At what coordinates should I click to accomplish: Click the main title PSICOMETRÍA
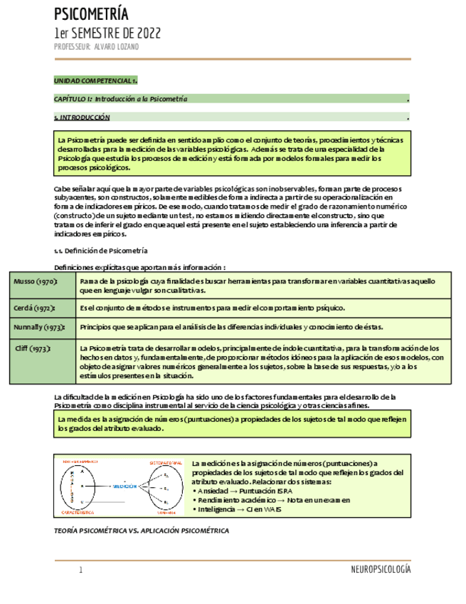click(x=92, y=14)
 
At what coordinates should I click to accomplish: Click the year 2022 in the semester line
click(x=147, y=33)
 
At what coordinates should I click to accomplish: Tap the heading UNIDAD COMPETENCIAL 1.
click(x=96, y=81)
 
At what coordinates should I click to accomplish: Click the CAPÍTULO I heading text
click(x=121, y=99)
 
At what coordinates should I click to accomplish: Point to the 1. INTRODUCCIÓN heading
click(x=83, y=117)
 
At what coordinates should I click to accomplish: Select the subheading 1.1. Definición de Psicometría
click(x=101, y=251)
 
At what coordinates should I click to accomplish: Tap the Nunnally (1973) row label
click(x=39, y=327)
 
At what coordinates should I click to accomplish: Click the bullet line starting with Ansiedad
click(x=240, y=491)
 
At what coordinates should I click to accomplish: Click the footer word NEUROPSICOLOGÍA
click(x=381, y=570)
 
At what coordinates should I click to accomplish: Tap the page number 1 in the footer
click(x=81, y=570)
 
